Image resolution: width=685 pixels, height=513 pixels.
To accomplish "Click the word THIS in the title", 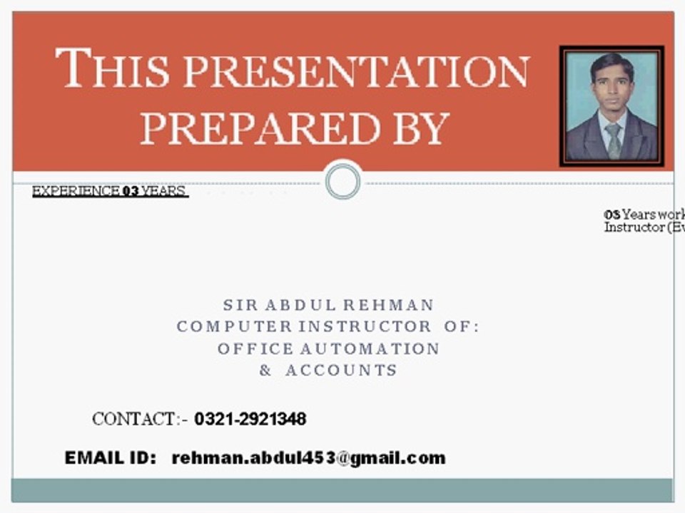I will (113, 69).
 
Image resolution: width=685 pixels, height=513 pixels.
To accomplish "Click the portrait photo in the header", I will (612, 106).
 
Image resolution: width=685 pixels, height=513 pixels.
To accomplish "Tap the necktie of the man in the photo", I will (613, 140).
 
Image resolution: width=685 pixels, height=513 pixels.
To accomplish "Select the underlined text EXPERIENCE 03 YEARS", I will (109, 191).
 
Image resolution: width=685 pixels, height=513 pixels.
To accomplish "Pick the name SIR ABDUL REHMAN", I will (328, 305).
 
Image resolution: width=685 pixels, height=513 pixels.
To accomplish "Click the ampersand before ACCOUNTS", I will (265, 370).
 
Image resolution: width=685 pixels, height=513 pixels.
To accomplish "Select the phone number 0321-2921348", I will (250, 419).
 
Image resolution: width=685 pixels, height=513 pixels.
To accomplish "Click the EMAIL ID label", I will (110, 458).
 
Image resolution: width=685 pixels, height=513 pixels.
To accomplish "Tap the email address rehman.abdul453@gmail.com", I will (308, 458).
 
